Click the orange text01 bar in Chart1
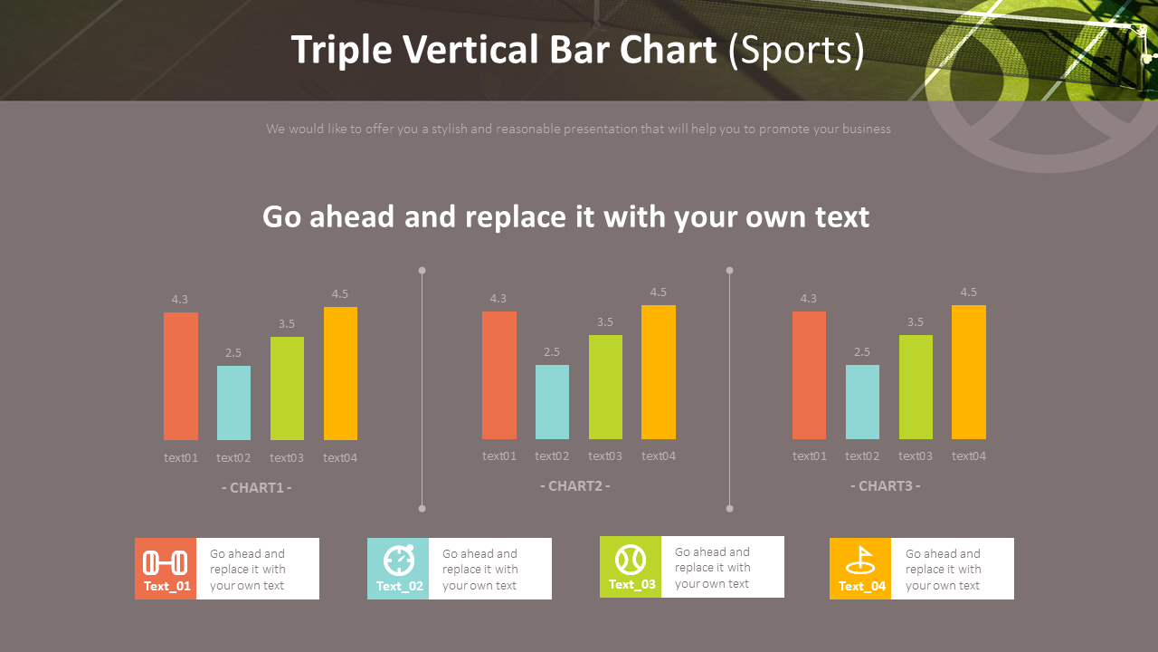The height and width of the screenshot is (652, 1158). [181, 376]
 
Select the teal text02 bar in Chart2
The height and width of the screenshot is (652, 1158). [552, 402]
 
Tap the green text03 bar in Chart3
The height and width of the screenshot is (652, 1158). [916, 387]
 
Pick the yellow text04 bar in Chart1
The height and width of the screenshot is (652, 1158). [340, 373]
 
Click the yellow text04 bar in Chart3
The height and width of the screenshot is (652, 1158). [968, 372]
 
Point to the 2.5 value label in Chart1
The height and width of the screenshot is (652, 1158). [233, 353]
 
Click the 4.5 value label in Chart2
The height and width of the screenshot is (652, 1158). [658, 292]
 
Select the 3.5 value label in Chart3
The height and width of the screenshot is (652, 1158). [916, 322]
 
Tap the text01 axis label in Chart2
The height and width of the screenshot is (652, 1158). [499, 456]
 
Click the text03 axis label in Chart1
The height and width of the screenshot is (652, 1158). [287, 458]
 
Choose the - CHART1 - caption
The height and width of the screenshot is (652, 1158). [256, 488]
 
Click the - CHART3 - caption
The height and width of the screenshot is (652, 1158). [885, 486]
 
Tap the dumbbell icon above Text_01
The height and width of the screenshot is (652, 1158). [166, 563]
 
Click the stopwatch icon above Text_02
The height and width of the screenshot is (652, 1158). [399, 561]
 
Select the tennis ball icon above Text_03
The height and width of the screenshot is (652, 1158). [631, 559]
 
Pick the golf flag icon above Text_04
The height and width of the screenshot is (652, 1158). [859, 561]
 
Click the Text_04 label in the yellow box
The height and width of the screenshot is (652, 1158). [861, 586]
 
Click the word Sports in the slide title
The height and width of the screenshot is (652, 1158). [796, 51]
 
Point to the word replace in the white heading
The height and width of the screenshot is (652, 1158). [516, 217]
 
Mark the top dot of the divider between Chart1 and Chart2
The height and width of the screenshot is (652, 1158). [422, 270]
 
